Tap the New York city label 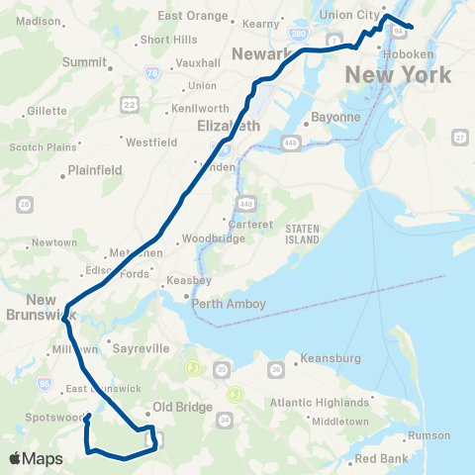click(x=398, y=74)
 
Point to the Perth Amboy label click(x=229, y=304)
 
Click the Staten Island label click(x=302, y=234)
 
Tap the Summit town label click(x=84, y=61)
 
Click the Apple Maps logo click(x=35, y=458)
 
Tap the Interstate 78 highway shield click(x=150, y=72)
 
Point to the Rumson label click(x=428, y=434)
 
